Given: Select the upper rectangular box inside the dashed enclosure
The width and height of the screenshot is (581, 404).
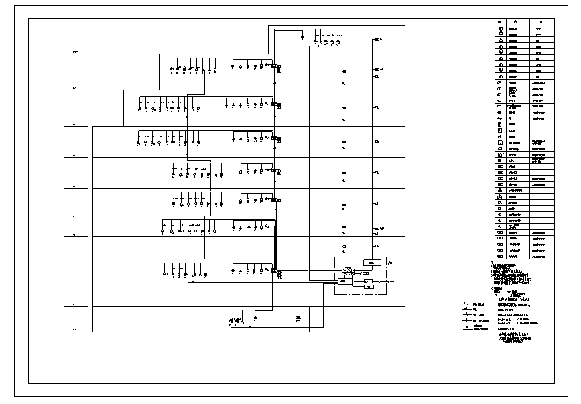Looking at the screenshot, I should coord(372,263).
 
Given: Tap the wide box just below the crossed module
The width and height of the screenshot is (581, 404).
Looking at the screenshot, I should coord(344,281).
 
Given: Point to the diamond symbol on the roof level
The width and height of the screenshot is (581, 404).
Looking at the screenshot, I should coord(303,38).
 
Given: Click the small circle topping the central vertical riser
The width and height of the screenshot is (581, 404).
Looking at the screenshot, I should coord(344,72).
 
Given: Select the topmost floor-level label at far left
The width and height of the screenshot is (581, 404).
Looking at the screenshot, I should coord(75,52).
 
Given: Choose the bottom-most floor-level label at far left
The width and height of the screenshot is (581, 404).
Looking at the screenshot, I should coord(74,330).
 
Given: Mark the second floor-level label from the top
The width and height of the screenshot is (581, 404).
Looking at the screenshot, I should coord(75,88).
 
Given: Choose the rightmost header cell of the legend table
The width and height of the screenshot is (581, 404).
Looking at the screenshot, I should coord(541,21).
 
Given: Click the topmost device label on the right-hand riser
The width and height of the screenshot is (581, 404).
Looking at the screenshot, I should coord(377,40).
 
